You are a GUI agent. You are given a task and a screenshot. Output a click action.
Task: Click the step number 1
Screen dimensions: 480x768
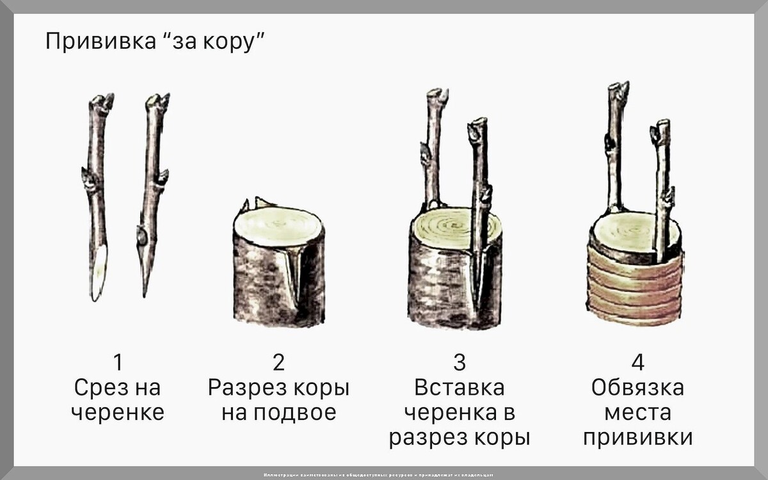pos(117,362)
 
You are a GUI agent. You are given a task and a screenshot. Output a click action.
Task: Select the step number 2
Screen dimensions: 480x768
pos(278,362)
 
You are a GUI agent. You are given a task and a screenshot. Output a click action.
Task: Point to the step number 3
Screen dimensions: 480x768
pos(460,362)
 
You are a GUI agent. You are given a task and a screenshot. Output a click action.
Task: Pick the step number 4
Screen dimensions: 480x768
pos(637,362)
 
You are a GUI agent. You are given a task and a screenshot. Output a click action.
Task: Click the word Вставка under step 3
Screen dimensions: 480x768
pos(460,387)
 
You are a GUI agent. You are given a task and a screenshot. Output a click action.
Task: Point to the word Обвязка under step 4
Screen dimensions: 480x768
pos(637,387)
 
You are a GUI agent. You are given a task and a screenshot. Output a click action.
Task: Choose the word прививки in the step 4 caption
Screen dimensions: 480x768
pos(637,438)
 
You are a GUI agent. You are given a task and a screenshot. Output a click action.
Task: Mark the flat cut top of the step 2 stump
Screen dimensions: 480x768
pos(278,225)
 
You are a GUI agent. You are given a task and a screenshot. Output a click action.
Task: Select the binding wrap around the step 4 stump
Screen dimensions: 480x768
pos(634,288)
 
